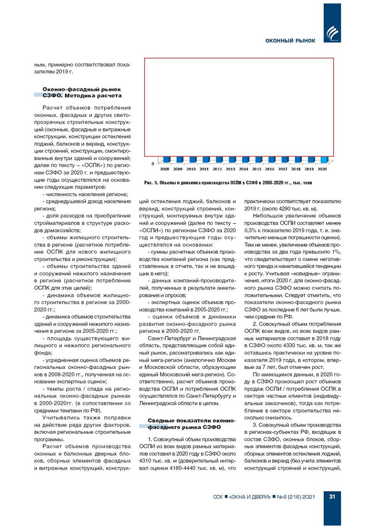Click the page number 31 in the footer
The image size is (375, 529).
point(332,497)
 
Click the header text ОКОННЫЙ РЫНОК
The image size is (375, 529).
point(290,41)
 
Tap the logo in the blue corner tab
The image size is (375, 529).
point(332,33)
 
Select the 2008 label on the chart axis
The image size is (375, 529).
point(165,169)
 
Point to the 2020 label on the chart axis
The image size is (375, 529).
point(322,169)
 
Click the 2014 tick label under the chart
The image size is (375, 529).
point(243,169)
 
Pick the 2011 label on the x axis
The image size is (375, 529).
point(204,169)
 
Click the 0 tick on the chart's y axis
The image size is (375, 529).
point(153,163)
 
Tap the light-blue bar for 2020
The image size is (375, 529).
point(324,160)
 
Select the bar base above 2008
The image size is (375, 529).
point(166,160)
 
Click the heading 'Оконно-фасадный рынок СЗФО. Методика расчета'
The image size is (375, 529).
point(82,92)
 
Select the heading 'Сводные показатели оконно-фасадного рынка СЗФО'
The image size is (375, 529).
point(191,424)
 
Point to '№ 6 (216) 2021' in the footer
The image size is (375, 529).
point(296,497)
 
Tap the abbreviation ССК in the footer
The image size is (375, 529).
point(218,497)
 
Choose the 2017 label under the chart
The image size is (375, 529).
point(283,169)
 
